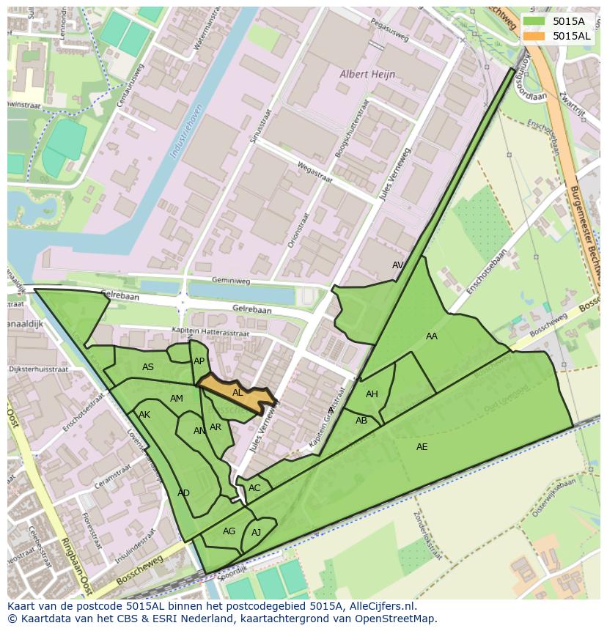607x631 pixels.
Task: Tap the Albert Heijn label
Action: (x=367, y=74)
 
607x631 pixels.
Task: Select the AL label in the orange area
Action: (x=238, y=393)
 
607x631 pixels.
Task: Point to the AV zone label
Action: (x=398, y=265)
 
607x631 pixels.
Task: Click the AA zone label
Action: (x=432, y=336)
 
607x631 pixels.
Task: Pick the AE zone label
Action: (x=422, y=447)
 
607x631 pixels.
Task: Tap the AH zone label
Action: (x=372, y=394)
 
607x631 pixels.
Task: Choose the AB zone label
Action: (x=361, y=421)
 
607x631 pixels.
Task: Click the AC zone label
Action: (x=254, y=488)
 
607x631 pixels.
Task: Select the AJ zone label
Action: (x=257, y=533)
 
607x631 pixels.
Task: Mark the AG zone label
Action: (x=229, y=531)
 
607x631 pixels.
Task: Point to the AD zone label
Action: (x=183, y=493)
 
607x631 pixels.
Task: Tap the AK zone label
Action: (x=144, y=415)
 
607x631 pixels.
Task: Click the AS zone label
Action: (x=148, y=367)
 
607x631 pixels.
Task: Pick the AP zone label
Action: (x=199, y=361)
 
